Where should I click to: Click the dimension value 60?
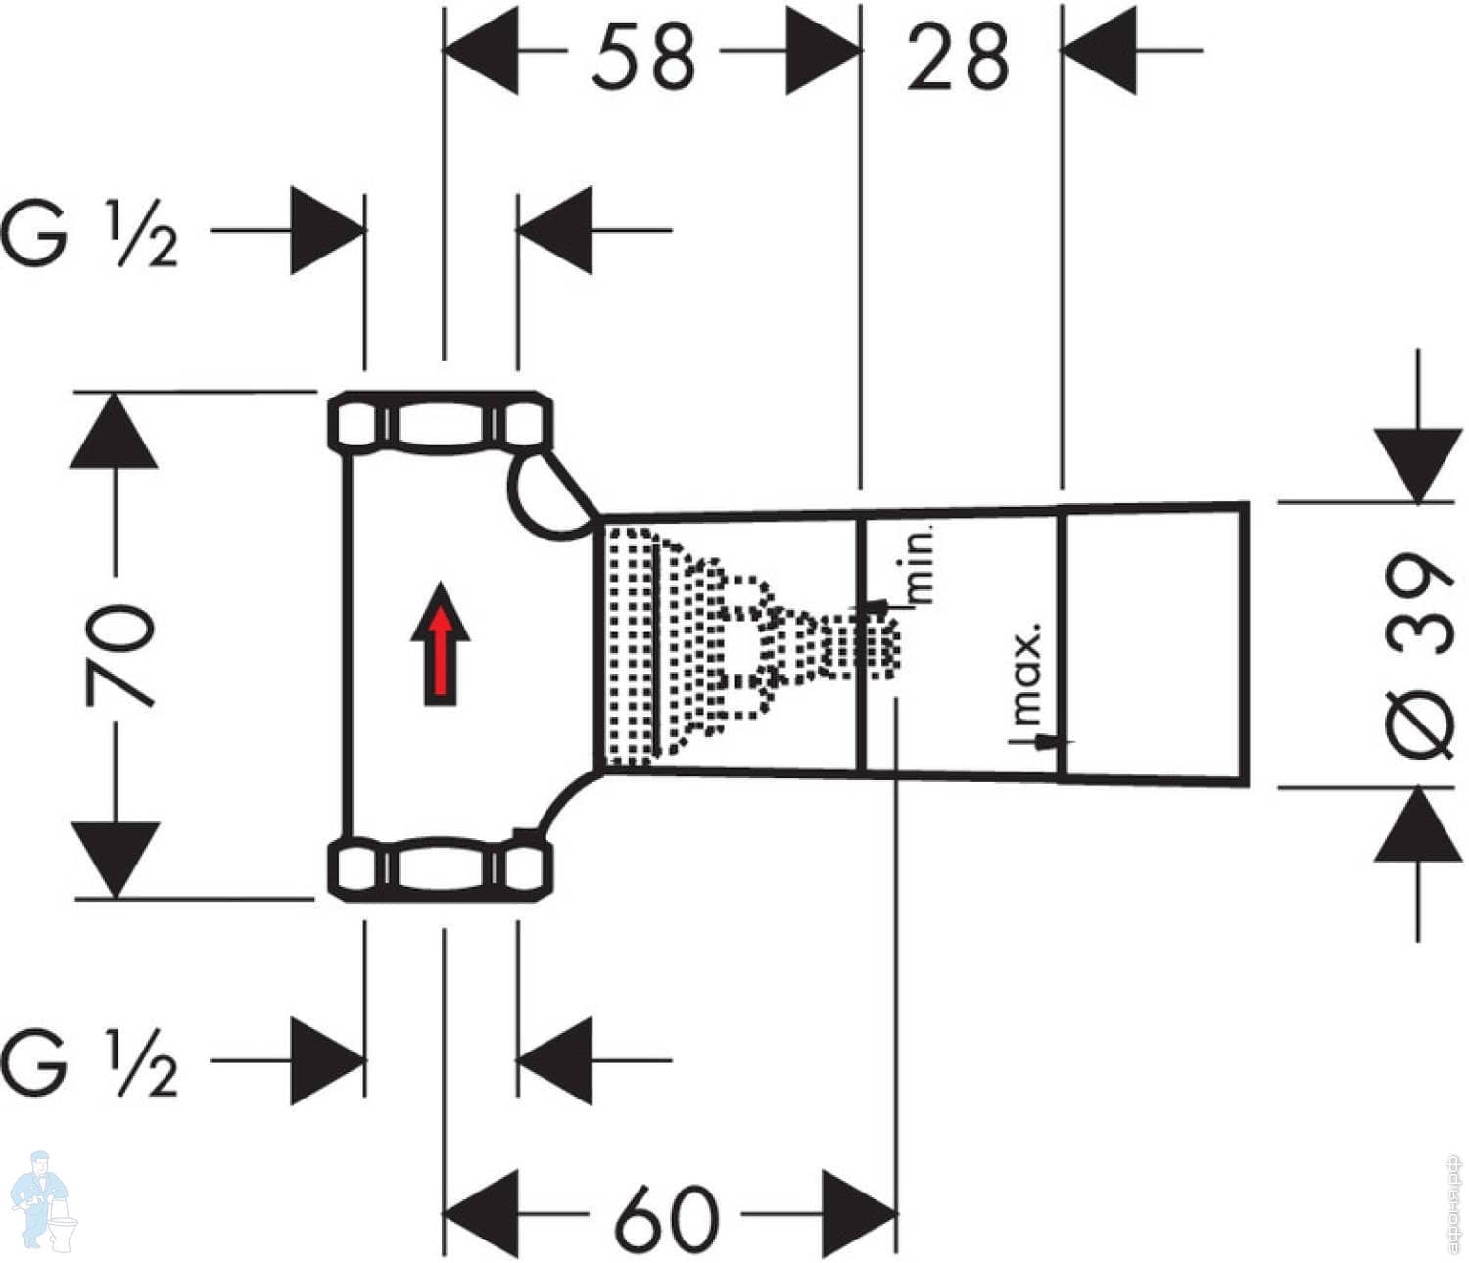click(x=666, y=1219)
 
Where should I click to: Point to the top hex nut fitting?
click(x=440, y=423)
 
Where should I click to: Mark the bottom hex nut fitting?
click(x=440, y=869)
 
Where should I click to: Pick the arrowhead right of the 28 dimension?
click(x=1099, y=51)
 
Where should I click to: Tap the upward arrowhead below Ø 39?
click(x=1418, y=824)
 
